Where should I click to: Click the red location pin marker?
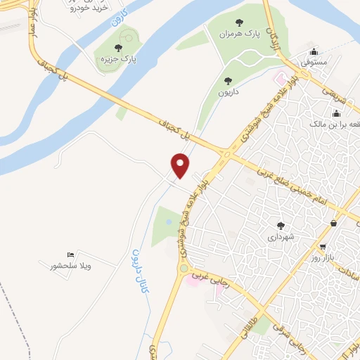(181, 165)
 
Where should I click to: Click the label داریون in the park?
(227, 91)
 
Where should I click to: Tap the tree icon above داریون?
(227, 80)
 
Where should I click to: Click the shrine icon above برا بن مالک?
(336, 113)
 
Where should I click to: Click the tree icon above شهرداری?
(281, 226)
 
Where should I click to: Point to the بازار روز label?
(323, 259)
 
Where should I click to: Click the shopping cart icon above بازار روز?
(323, 247)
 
